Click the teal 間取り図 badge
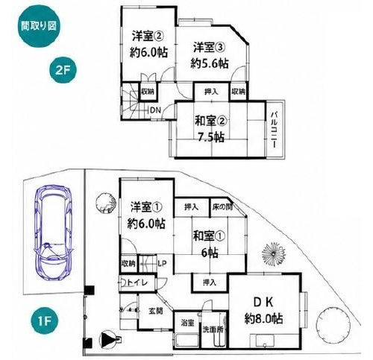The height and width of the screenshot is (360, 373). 39,26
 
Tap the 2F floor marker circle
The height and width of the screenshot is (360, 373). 63,70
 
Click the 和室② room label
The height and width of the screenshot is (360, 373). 210,121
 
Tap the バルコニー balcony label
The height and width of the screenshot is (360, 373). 274,130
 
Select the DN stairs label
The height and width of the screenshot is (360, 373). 156,110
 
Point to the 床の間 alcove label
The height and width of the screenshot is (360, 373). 222,206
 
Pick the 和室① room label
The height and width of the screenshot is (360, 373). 209,236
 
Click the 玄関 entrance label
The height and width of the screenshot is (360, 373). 156,311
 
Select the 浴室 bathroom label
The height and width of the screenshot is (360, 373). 187,323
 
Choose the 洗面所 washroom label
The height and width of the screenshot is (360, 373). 213,329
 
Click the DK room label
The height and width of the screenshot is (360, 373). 263,302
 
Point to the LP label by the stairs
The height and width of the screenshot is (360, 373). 162,263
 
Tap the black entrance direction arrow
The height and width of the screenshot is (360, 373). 107,339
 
